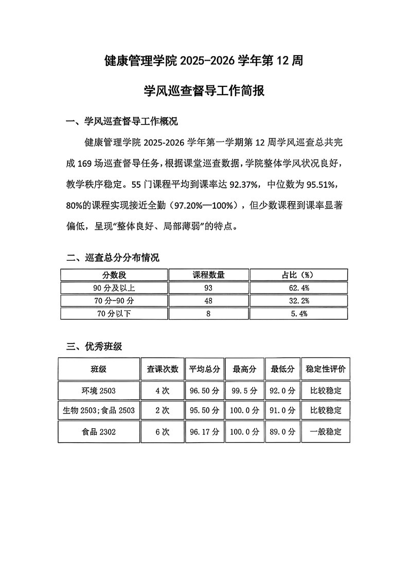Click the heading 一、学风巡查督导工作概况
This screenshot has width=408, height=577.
point(122,122)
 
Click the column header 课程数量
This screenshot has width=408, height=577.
point(208,275)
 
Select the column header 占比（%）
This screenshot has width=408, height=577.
point(298,275)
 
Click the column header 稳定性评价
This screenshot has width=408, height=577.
point(326,369)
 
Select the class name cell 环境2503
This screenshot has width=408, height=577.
point(99,391)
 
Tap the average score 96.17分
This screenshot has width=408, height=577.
point(204,432)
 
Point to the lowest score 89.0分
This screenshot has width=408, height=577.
point(282,432)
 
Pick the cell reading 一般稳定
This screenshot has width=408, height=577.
point(326,432)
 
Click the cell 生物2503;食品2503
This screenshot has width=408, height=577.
point(99,410)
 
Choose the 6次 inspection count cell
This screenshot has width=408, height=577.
point(162,432)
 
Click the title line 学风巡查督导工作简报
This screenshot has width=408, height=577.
point(204,92)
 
